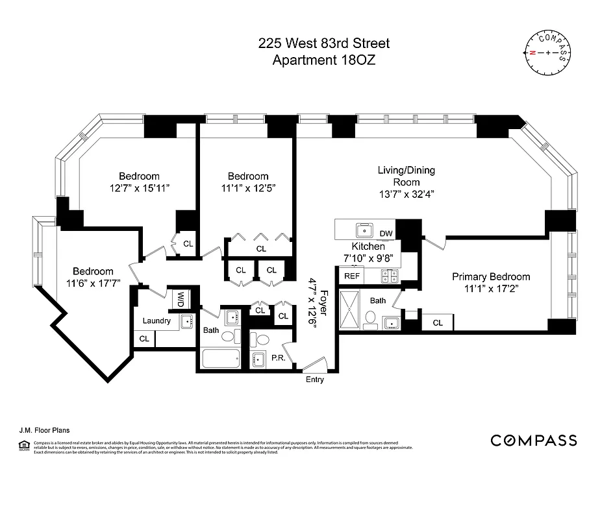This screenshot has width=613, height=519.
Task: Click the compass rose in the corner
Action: (547, 52)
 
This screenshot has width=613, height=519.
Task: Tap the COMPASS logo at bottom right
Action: (533, 441)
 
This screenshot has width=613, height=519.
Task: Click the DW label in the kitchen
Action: (386, 234)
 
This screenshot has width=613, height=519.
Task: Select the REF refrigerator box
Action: (352, 276)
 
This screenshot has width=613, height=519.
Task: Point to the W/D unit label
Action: (180, 299)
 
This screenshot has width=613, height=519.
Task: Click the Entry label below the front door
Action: (314, 380)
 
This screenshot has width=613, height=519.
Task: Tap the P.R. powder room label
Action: (279, 357)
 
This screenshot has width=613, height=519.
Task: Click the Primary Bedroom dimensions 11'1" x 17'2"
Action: (491, 289)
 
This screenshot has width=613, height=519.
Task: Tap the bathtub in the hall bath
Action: (221, 359)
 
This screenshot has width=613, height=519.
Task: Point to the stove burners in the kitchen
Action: (389, 275)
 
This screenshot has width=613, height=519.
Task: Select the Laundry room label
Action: (156, 320)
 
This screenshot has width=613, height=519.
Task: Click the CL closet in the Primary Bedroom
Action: (438, 322)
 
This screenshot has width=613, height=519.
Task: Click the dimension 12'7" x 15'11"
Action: (138, 188)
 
